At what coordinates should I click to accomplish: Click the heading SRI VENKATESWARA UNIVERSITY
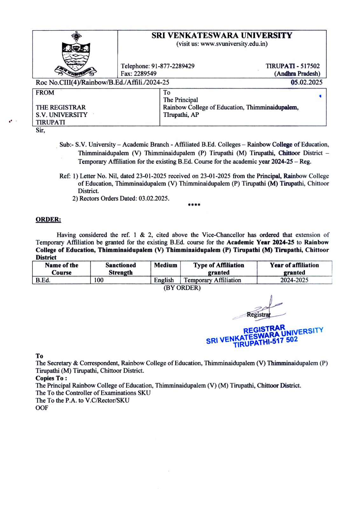click(222, 35)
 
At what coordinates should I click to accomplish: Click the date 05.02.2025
click(307, 82)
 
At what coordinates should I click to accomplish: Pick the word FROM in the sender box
click(45, 93)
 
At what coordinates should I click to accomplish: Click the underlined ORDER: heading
click(48, 220)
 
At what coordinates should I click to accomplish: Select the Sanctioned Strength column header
click(121, 269)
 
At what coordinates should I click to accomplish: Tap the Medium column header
click(165, 265)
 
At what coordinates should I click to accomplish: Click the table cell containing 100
click(99, 280)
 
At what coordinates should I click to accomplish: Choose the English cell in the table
click(164, 280)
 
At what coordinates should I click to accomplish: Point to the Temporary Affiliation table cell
click(212, 280)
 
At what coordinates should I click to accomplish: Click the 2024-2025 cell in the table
click(294, 280)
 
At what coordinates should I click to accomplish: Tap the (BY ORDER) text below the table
click(182, 288)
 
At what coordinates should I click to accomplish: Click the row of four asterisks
click(194, 205)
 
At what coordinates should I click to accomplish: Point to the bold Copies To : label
click(51, 378)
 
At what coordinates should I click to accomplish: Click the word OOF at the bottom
click(42, 408)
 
